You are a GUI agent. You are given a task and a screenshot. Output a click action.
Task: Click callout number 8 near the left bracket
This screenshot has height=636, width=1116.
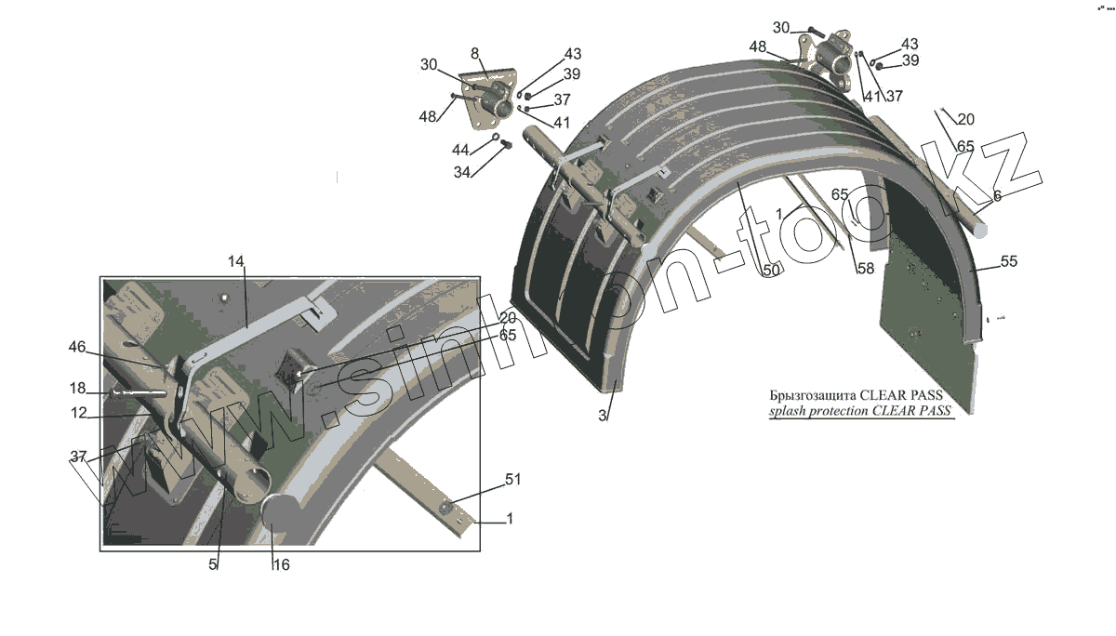coord(474,53)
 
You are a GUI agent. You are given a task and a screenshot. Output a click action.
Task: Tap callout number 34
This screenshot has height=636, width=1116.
coord(462,172)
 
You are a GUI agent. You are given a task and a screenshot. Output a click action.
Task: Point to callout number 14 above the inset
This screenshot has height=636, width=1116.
coord(236,263)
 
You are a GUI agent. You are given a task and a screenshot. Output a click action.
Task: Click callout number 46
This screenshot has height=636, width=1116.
coord(77,347)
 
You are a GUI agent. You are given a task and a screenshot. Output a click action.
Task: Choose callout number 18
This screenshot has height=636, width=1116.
coord(77,388)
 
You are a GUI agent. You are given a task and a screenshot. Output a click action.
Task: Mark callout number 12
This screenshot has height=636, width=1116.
coord(79,413)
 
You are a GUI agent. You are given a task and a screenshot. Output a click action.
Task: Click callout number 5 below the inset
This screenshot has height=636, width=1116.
coord(213,564)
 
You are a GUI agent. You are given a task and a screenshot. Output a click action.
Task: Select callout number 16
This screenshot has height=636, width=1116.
coord(281,564)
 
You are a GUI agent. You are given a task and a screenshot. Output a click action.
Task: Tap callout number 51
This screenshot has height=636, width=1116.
coord(512,480)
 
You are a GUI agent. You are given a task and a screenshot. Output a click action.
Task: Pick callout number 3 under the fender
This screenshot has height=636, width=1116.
coord(603,416)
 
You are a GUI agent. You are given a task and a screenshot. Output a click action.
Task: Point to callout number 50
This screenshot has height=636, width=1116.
coord(771,270)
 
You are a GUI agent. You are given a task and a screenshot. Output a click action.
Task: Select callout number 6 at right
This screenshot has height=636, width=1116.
coord(997,196)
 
